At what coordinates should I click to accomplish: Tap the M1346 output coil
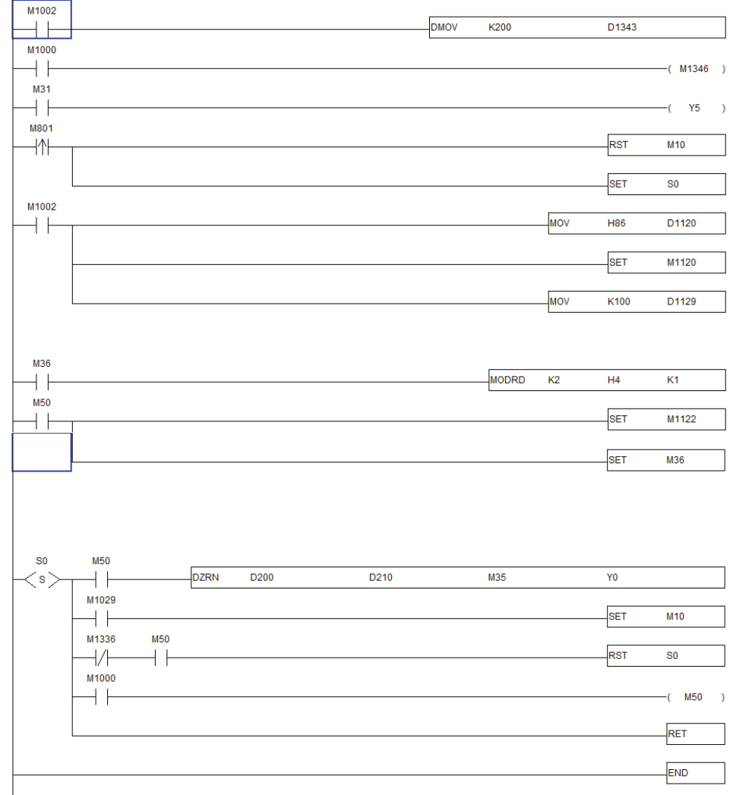point(694,69)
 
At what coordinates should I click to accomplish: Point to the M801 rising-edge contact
point(41,147)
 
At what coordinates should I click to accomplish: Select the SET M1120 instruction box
point(666,263)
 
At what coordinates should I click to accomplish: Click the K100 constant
point(618,301)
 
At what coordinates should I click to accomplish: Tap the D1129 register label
point(681,301)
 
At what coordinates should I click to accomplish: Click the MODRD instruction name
point(508,380)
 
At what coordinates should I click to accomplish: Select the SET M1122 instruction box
point(666,419)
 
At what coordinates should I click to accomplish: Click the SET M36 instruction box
point(666,459)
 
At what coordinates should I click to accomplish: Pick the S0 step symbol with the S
point(42,579)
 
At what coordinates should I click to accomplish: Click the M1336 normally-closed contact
point(101,658)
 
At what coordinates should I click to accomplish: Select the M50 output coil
point(694,697)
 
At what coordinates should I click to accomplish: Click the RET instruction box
point(695,734)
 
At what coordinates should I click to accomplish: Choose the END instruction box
point(695,773)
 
